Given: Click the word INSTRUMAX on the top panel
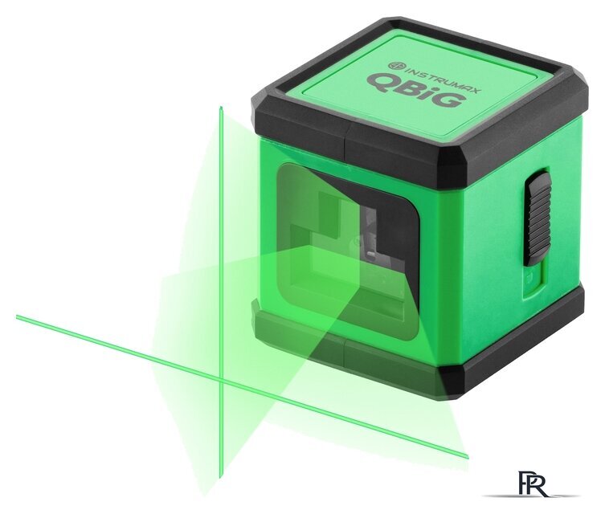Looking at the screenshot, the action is [x=439, y=79].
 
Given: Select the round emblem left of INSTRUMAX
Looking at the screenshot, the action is [x=393, y=65].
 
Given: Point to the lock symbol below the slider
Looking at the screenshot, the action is [x=529, y=276].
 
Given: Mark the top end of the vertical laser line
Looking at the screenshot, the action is [x=221, y=107].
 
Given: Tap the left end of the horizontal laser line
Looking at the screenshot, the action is [x=17, y=316].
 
